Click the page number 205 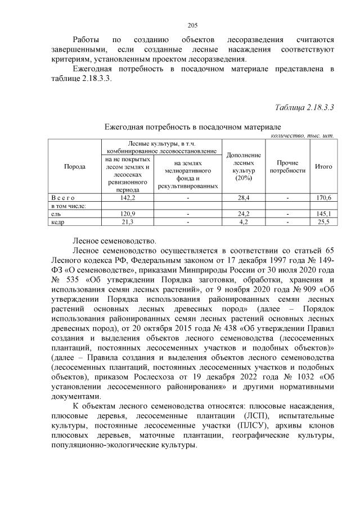click(x=191, y=25)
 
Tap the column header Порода click(x=75, y=166)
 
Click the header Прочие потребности click(x=287, y=166)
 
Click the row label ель click(x=55, y=214)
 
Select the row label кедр click(x=57, y=222)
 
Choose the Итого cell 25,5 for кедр click(x=324, y=222)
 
